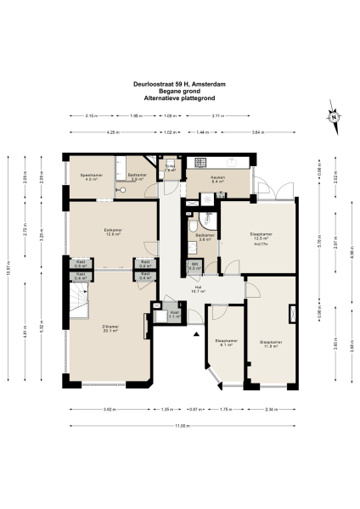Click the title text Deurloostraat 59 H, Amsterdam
click(180, 84)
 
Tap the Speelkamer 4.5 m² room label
click(91, 177)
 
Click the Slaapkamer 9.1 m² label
click(225, 343)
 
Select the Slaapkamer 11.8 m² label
click(273, 343)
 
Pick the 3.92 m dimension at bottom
click(108, 410)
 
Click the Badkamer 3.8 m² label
click(204, 238)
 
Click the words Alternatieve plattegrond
click(180, 98)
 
